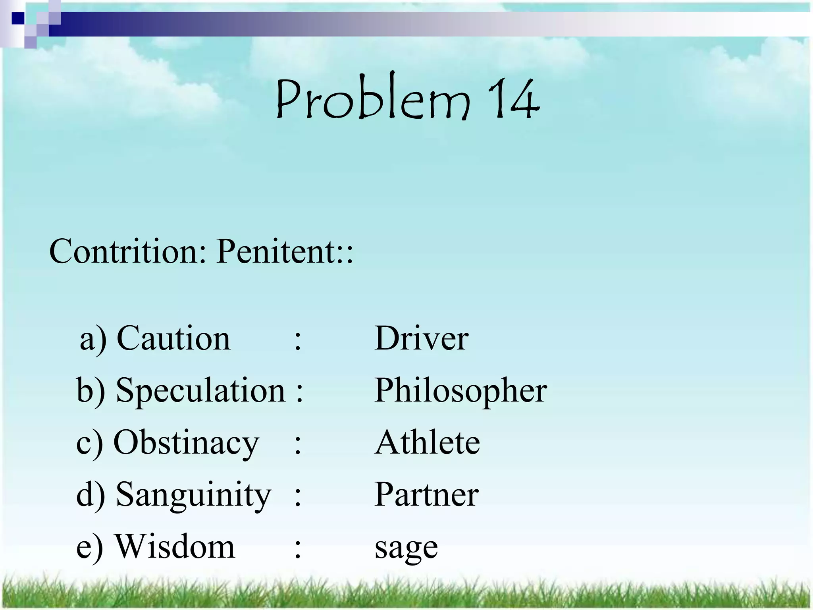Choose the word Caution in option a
[173, 338]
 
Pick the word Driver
[421, 338]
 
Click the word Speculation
[200, 390]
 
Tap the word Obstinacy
[186, 442]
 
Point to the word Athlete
[428, 442]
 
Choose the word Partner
[426, 494]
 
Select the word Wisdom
[175, 546]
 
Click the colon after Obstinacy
[298, 444]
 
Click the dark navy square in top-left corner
[18, 18]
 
